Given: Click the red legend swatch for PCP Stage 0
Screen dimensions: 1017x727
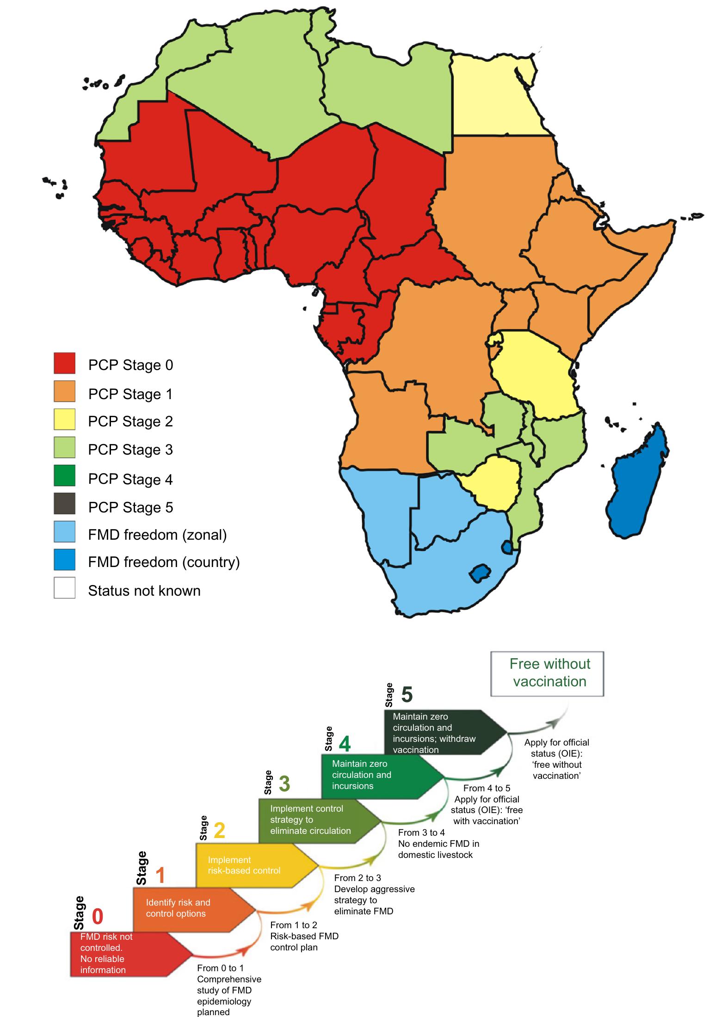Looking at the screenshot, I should click(x=64, y=363).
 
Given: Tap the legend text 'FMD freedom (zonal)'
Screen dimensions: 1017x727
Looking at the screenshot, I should click(x=157, y=535).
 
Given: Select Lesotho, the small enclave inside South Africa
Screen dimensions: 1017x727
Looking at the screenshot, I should click(x=480, y=573).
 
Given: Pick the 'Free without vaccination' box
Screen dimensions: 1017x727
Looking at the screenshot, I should click(x=547, y=673).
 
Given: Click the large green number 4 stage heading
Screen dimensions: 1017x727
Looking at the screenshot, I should click(x=345, y=743).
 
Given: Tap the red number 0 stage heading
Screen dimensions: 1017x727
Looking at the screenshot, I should click(x=97, y=916).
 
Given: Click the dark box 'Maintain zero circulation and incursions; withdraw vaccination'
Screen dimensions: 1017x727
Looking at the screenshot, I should click(x=439, y=733).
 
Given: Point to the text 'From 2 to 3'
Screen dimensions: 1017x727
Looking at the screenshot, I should click(x=357, y=878).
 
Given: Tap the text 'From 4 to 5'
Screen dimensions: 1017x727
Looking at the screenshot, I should click(x=487, y=788).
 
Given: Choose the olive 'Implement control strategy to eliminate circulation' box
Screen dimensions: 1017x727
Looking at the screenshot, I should click(x=314, y=820).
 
